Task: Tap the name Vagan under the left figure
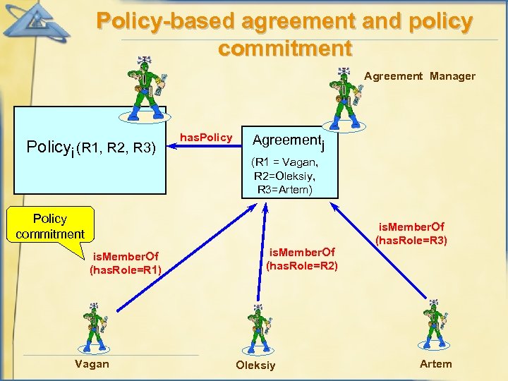(x=92, y=363)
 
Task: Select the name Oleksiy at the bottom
(x=255, y=365)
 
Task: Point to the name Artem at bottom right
(x=435, y=363)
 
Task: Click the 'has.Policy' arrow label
(x=207, y=137)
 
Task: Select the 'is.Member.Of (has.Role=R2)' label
(x=301, y=258)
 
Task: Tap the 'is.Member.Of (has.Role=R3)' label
(x=411, y=233)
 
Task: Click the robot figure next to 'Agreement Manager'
(x=344, y=92)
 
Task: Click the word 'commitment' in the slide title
(x=284, y=48)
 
